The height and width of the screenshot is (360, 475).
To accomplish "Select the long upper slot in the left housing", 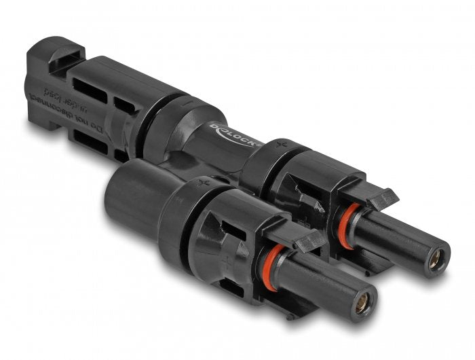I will click(x=90, y=89).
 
